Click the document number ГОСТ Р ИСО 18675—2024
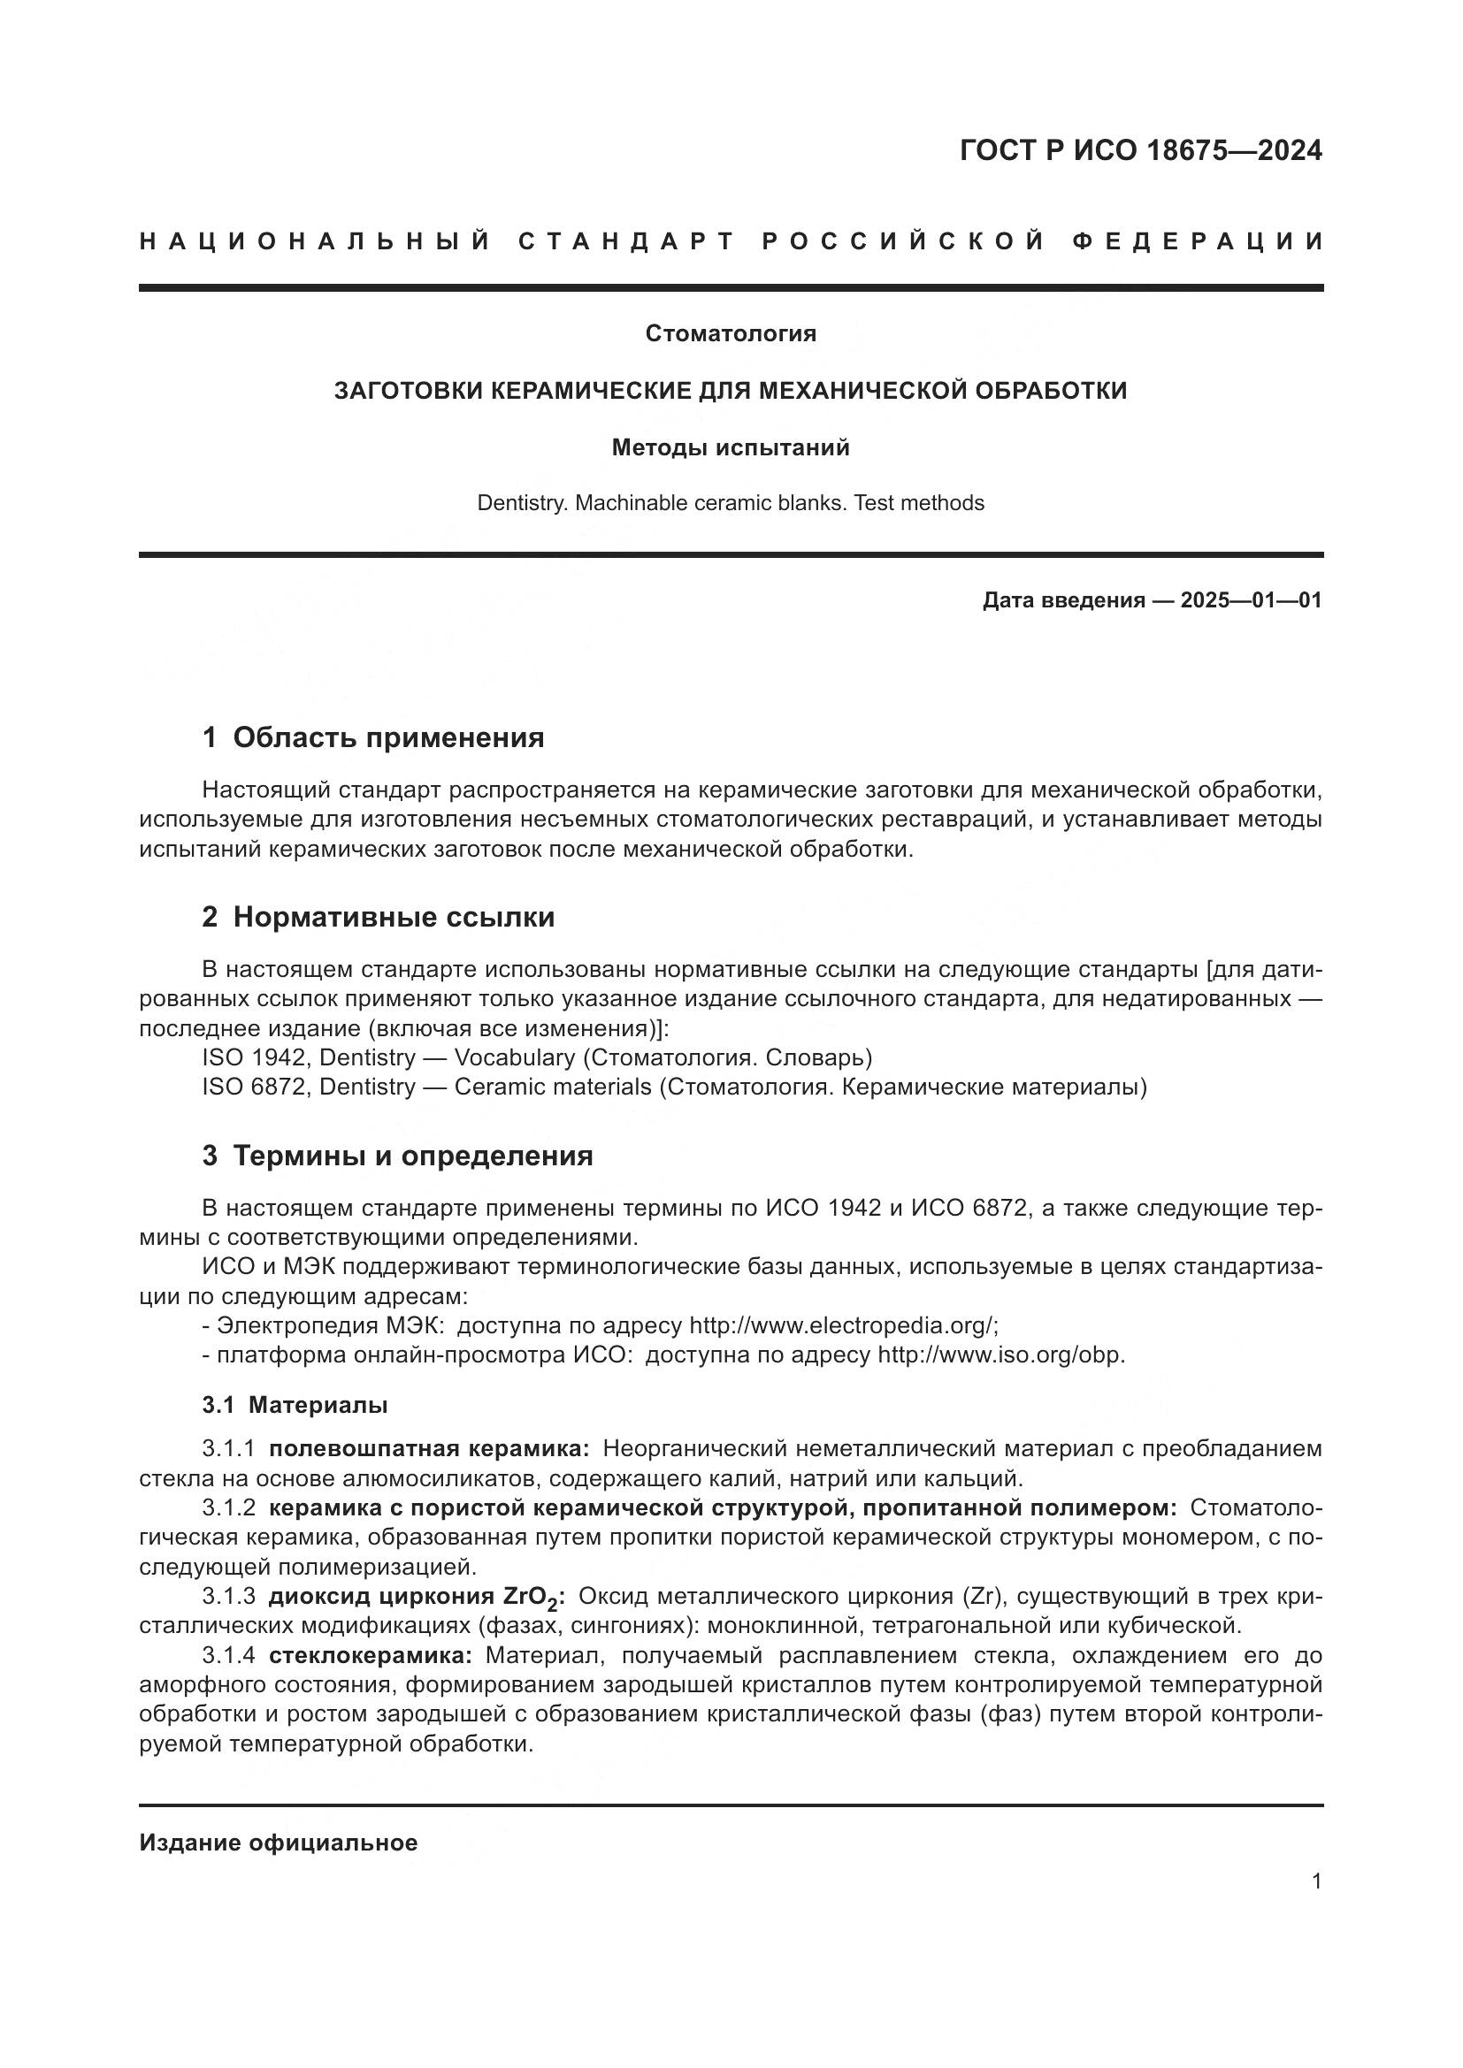1140,150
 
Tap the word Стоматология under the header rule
731,334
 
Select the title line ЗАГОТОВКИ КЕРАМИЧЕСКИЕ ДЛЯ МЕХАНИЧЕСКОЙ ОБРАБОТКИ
731,391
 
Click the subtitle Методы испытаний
731,447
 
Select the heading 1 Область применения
373,737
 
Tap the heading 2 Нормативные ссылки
379,917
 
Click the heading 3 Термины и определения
397,1156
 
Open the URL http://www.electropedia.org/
842,1326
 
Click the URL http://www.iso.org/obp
1001,1355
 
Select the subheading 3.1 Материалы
295,1405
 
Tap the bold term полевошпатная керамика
429,1449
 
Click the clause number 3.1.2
229,1507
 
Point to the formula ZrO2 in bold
531,1598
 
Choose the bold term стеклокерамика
371,1655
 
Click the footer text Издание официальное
279,1843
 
